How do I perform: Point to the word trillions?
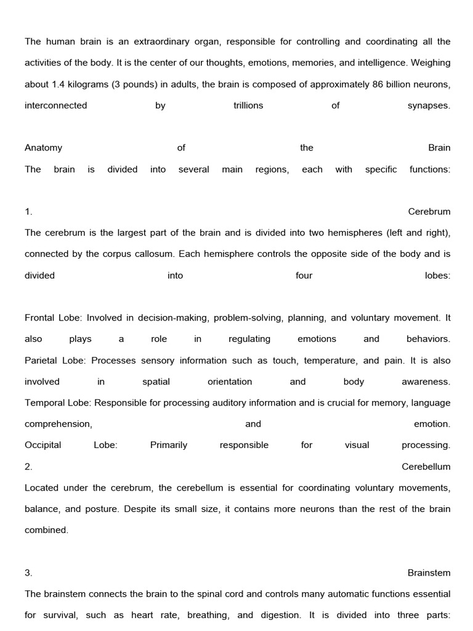click(248, 105)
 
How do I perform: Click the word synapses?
click(429, 105)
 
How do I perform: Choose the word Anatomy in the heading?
click(43, 148)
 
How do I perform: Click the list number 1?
click(28, 211)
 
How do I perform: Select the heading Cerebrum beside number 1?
click(429, 211)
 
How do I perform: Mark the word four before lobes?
click(304, 275)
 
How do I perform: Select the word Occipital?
click(42, 445)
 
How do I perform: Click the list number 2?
click(28, 466)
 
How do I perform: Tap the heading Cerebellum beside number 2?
click(426, 466)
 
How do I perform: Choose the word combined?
click(46, 530)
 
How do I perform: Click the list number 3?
click(28, 572)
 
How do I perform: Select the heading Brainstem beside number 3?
click(429, 572)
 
